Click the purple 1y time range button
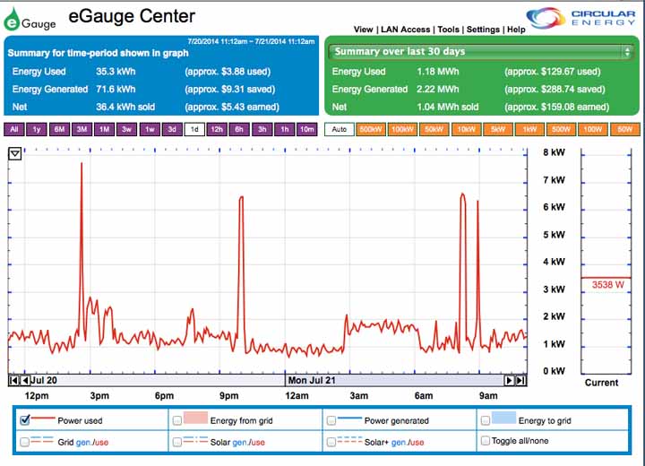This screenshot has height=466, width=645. click(x=37, y=129)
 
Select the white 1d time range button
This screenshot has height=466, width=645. click(x=194, y=129)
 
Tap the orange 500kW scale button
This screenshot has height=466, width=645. click(x=371, y=129)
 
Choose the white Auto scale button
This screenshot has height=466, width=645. click(x=339, y=129)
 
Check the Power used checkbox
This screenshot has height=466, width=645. click(x=25, y=419)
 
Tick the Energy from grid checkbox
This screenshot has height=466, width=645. click(x=177, y=419)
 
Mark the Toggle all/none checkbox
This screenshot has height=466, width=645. click(x=486, y=441)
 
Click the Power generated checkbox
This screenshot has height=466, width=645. click(x=331, y=419)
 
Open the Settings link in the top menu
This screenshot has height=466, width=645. click(x=483, y=30)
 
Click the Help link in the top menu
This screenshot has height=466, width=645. click(x=516, y=30)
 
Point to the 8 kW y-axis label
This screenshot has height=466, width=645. click(x=555, y=152)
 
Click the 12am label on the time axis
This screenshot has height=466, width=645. click(x=297, y=395)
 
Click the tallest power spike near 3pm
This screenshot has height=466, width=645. click(x=82, y=166)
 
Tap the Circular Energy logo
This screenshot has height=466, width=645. click(x=581, y=18)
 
